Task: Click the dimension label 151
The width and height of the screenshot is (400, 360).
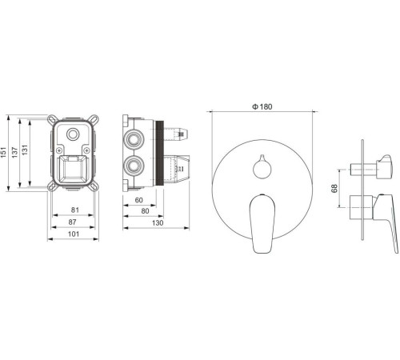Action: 3,152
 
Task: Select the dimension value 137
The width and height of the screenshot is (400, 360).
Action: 14,152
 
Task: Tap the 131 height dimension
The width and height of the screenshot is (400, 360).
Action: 25,150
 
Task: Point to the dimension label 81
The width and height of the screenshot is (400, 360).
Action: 75,210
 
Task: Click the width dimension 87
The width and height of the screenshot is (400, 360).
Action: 72,222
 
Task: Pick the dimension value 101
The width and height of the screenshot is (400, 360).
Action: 74,234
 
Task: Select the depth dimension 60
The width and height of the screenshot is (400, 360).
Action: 138,200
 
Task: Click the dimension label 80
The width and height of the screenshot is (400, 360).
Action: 145,211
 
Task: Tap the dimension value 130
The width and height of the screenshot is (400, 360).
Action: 158,222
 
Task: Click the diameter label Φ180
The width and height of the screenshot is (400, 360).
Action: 262,106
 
